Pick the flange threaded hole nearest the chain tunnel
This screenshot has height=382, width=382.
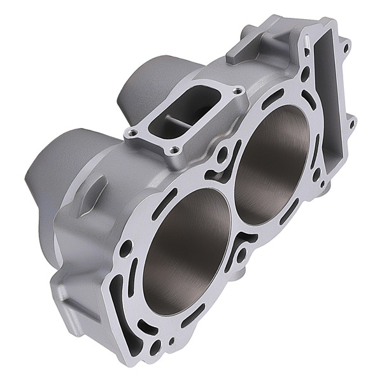pos(238,90)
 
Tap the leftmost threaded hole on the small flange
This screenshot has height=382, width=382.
pos(132,132)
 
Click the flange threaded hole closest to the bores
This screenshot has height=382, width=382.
pos(174,150)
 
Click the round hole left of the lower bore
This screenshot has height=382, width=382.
pos(125,248)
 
